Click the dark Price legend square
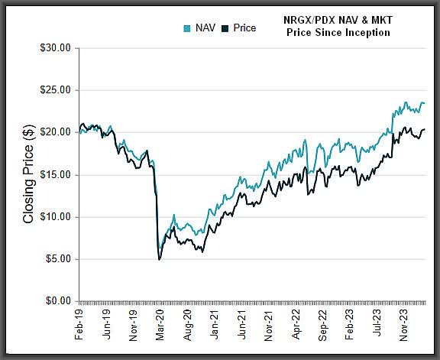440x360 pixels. [225, 28]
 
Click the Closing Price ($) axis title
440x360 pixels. [28, 175]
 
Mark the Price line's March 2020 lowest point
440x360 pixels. [159, 260]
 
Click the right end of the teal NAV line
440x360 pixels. [425, 103]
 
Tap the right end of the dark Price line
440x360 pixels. [425, 130]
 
